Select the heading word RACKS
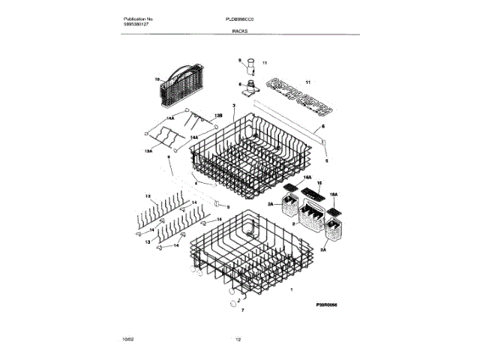click(x=240, y=31)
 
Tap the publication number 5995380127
click(x=136, y=24)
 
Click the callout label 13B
click(x=219, y=115)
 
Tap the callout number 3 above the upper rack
click(x=234, y=106)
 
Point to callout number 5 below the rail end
click(x=326, y=160)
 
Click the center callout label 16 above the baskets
click(x=319, y=183)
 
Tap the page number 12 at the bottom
click(x=239, y=341)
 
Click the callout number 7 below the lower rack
click(x=243, y=308)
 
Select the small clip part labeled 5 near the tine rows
click(x=218, y=204)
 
